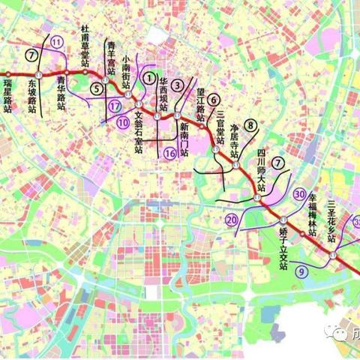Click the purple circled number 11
tap(57, 43)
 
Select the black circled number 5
tap(97, 88)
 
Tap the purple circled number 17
tap(114, 106)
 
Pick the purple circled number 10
tap(122, 121)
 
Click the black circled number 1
tap(150, 77)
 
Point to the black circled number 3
tap(177, 85)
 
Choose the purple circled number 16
tap(169, 153)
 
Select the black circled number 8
tap(250, 126)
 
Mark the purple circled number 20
tap(232, 220)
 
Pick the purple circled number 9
tap(301, 273)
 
